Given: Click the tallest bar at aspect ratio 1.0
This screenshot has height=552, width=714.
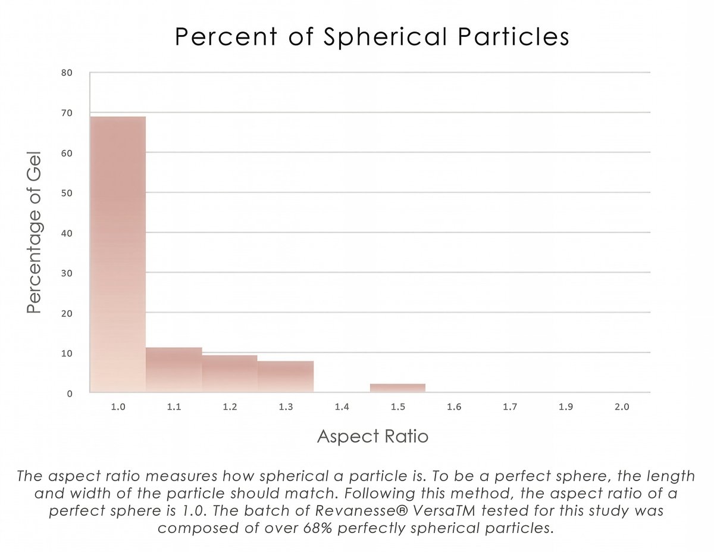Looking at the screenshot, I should click(x=118, y=254).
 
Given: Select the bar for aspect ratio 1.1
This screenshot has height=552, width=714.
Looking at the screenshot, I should click(x=174, y=370).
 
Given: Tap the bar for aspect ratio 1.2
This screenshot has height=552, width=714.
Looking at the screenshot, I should click(x=230, y=374).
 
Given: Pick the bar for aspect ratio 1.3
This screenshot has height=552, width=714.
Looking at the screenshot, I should click(x=286, y=376).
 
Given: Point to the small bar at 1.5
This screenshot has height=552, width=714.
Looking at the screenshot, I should click(x=397, y=388).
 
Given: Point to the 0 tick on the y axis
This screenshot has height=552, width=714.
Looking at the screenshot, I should click(x=69, y=393).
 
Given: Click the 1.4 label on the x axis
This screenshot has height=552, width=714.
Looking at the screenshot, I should click(x=342, y=407).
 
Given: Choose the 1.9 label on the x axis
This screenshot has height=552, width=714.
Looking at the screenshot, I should click(x=566, y=407).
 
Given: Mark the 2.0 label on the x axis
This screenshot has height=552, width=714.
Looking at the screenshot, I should click(x=622, y=407).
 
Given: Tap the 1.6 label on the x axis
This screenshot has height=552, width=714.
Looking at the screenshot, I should click(x=453, y=407).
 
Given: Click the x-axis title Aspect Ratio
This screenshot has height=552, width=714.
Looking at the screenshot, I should click(x=372, y=436).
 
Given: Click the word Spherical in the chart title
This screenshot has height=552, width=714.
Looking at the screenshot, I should click(x=385, y=37).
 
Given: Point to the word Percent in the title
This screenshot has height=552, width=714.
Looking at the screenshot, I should click(x=226, y=37).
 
